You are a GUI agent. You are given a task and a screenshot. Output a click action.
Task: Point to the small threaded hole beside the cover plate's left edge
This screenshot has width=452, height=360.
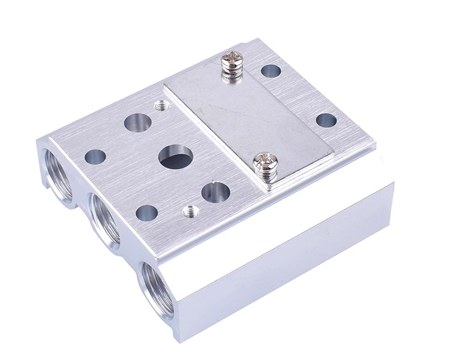click(161, 105)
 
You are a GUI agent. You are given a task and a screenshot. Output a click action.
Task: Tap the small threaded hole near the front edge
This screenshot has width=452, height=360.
click(191, 211)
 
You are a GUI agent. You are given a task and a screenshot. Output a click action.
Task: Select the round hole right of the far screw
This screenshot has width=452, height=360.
click(271, 71)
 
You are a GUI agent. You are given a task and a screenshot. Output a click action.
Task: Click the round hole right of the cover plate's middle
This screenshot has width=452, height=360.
click(326, 120)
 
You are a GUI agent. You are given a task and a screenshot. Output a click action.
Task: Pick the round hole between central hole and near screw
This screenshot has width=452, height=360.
click(216, 192)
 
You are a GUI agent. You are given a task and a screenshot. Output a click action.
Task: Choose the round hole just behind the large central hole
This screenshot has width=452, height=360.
click(138, 122)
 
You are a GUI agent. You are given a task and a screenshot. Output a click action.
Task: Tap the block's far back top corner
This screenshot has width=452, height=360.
click(258, 40)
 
